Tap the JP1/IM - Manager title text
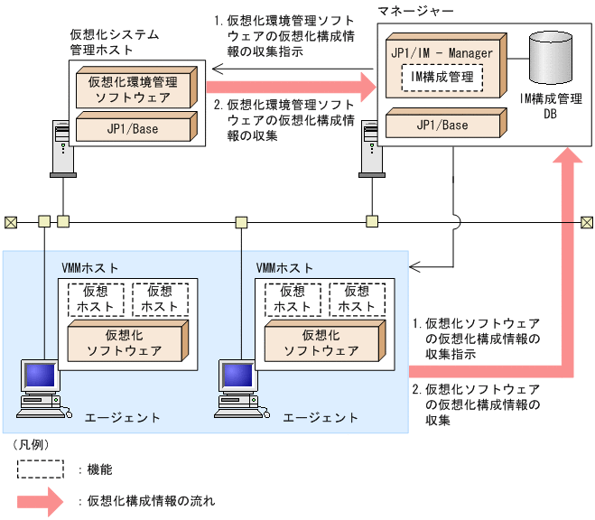click(x=442, y=53)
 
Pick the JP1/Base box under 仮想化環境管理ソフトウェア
click(x=133, y=129)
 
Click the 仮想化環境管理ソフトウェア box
click(x=133, y=88)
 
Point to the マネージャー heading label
click(x=416, y=12)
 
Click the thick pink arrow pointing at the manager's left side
click(x=289, y=88)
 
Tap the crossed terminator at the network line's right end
click(x=587, y=220)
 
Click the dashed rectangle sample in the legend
click(x=40, y=469)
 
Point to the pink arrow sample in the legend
click(x=40, y=499)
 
